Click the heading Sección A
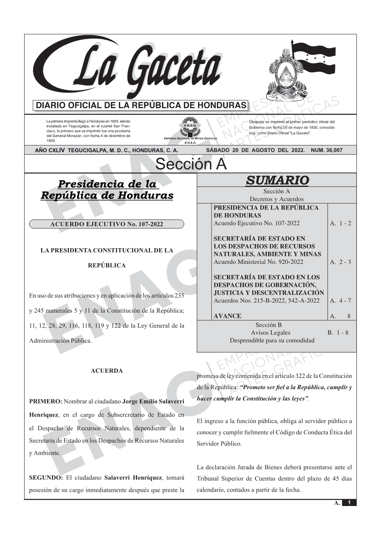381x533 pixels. point(191,164)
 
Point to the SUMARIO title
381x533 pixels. point(277,180)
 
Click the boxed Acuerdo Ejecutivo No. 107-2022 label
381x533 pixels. point(106,224)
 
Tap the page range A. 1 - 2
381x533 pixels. point(340,223)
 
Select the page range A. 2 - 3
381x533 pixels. point(340,262)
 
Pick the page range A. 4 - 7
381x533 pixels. point(340,301)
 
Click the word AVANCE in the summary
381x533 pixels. point(227,316)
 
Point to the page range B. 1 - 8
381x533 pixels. point(338,333)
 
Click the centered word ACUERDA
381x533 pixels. point(107,371)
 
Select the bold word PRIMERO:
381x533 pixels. point(46,402)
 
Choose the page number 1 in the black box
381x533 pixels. point(349,503)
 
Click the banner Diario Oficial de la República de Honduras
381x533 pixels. point(141,106)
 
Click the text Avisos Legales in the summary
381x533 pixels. point(271,333)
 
